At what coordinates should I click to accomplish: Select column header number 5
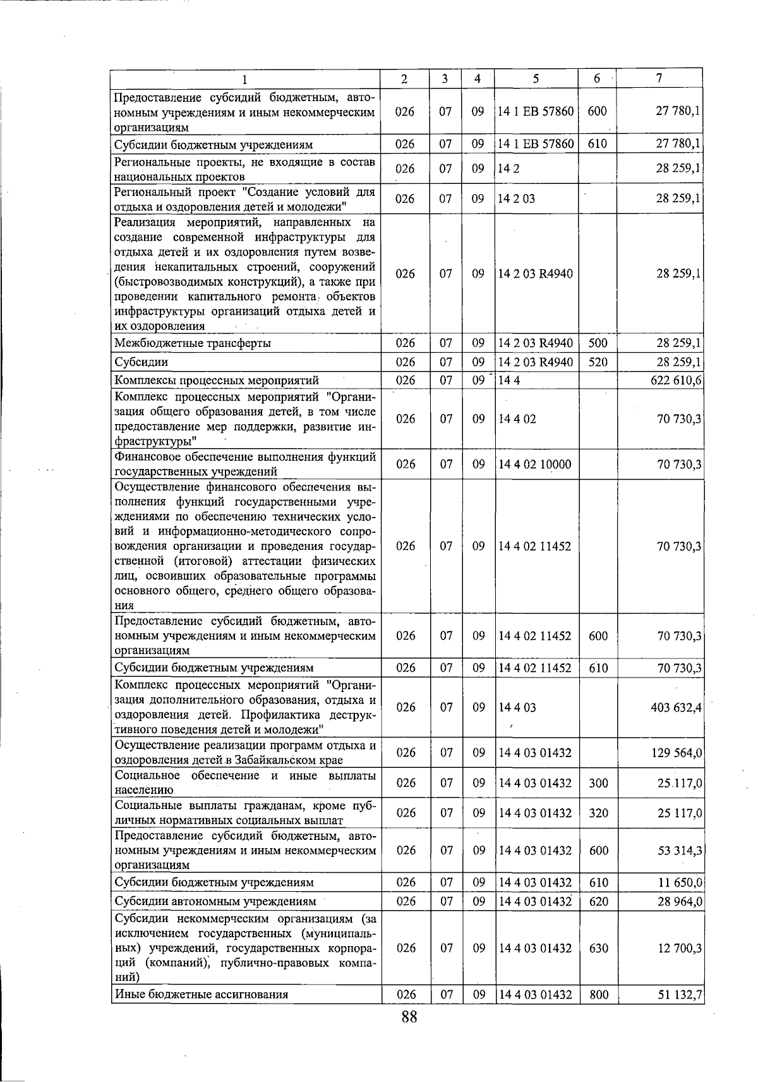tap(536, 78)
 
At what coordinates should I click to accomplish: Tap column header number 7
tap(659, 78)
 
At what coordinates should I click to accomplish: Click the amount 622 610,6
tap(677, 380)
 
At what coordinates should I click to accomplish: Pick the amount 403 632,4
tap(677, 707)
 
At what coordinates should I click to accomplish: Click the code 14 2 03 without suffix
tap(517, 199)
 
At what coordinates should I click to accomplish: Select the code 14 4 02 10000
tap(534, 465)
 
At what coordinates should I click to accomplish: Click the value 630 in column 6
tap(598, 949)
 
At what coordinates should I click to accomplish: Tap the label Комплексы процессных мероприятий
tap(216, 380)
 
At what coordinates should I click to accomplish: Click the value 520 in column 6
tap(598, 362)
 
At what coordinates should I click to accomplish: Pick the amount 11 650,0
tap(680, 882)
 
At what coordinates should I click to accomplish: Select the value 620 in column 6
tap(598, 901)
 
